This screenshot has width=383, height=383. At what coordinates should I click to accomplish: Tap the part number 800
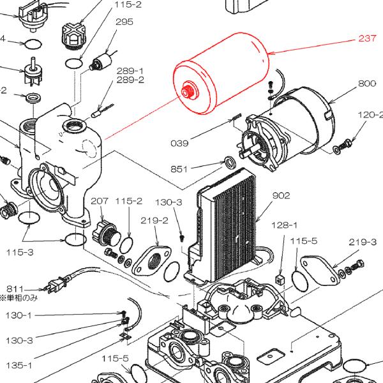pos(366,84)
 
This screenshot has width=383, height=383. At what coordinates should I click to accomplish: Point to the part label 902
pos(282,195)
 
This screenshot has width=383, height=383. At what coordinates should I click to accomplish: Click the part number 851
pos(179,169)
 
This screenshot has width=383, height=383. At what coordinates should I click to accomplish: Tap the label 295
pos(124,22)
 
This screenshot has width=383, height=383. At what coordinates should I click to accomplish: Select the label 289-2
pos(130,80)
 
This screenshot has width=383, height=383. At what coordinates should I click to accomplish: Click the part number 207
pos(99,201)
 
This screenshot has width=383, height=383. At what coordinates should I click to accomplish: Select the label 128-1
pos(285,225)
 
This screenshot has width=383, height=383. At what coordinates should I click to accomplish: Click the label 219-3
pos(363,242)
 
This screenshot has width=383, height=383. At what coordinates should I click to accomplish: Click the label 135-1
pos(19,365)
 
